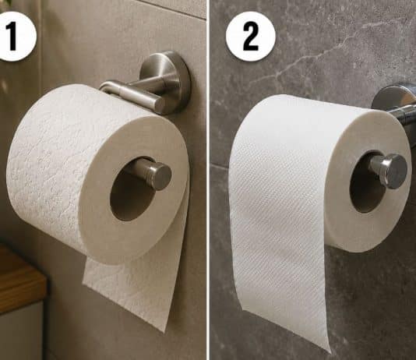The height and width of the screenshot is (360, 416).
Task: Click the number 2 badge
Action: pos(250,37)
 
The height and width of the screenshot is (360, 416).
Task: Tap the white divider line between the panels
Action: pos(208,180)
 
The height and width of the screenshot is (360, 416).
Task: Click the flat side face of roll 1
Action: pos(134,189)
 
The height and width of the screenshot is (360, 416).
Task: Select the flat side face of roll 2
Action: pos(368,181)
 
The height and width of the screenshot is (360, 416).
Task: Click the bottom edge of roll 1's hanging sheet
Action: pos(125,308)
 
